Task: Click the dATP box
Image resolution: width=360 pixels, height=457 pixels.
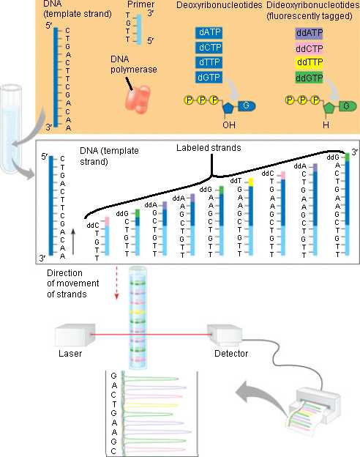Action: coord(209,32)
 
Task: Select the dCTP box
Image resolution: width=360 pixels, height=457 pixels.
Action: coord(209,47)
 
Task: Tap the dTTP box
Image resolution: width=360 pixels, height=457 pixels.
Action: coord(209,62)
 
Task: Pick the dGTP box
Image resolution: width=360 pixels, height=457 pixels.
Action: coord(209,77)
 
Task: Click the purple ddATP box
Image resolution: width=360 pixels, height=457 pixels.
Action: coord(309,33)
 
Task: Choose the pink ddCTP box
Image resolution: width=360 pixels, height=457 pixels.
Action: coord(309,48)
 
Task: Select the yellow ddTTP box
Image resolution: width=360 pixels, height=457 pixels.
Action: coord(310,62)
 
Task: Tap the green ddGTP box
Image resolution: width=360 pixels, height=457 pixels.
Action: coord(309,78)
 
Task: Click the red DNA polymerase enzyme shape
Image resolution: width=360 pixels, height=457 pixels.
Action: coord(138,99)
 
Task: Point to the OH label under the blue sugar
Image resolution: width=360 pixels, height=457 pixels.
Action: coord(228,125)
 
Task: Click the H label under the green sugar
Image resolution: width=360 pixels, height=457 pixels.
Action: coord(326,125)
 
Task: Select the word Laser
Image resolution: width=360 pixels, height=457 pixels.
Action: coord(70,354)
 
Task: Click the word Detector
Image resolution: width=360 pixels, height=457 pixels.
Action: coord(231,354)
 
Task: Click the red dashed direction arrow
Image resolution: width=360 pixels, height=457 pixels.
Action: coord(116,283)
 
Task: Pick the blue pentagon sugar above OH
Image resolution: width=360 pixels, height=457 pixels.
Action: coord(228,108)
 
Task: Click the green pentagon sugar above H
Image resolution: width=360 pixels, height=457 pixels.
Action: coord(330,108)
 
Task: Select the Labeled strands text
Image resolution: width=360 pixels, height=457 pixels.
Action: coord(209,148)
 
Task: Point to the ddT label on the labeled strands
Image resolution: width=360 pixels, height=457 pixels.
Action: coord(236,181)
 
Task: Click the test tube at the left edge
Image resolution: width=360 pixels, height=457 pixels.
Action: coord(11,129)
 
